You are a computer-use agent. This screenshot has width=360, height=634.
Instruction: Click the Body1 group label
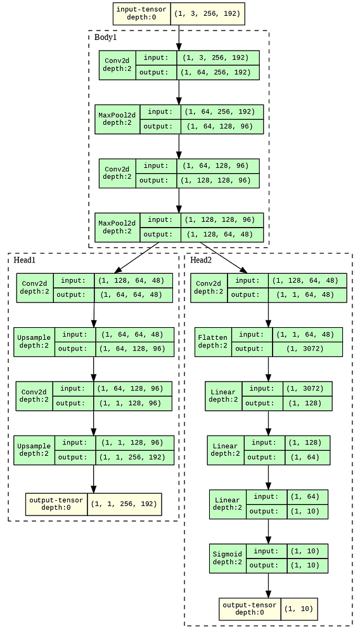[106, 37]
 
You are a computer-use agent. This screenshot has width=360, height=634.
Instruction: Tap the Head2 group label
[201, 260]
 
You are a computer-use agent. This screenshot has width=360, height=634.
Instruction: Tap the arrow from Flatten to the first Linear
[268, 369]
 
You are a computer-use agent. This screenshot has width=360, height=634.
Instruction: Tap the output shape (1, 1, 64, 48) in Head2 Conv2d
[307, 295]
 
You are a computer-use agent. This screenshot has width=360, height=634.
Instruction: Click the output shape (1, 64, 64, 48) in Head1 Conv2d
[132, 295]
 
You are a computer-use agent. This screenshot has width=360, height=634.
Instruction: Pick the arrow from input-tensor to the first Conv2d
[179, 37]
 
